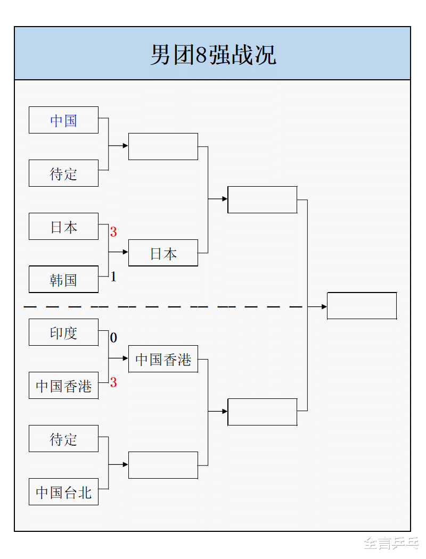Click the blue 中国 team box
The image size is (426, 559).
click(63, 120)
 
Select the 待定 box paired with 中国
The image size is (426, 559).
click(63, 173)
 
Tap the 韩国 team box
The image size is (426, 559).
click(63, 280)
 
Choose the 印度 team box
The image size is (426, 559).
click(63, 332)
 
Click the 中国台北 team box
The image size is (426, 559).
click(63, 492)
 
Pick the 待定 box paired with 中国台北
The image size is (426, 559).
click(63, 439)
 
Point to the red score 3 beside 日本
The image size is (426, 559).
click(113, 232)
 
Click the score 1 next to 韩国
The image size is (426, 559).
click(113, 277)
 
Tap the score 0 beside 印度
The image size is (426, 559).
click(113, 338)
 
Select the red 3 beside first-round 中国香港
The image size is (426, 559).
click(113, 382)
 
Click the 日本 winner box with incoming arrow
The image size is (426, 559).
click(163, 253)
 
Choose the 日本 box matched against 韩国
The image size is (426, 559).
click(63, 227)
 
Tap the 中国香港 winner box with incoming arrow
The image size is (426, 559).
click(163, 359)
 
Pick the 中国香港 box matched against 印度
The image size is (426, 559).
click(63, 386)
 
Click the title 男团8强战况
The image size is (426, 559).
click(212, 55)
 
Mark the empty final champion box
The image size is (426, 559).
click(362, 306)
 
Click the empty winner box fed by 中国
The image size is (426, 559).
click(163, 146)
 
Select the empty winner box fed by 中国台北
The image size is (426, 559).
click(163, 465)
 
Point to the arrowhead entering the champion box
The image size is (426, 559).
click(324, 306)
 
